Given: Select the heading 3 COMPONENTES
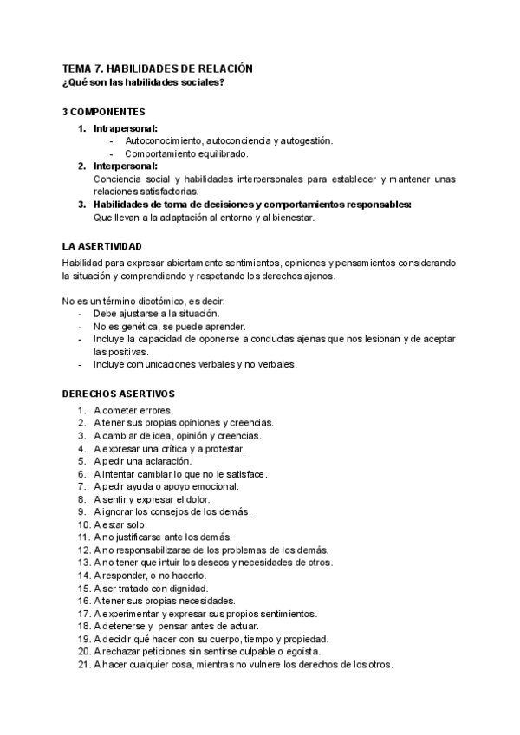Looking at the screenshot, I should click(x=104, y=113).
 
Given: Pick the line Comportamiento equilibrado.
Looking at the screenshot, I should click(x=186, y=153).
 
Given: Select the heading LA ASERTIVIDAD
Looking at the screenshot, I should click(x=102, y=247).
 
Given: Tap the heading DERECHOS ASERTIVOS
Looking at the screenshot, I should click(x=119, y=394).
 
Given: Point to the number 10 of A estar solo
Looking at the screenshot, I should click(x=83, y=525).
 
